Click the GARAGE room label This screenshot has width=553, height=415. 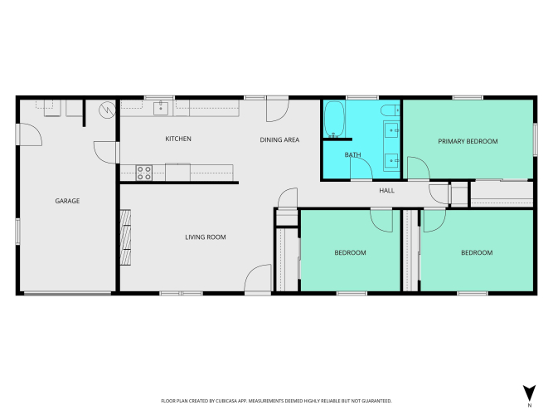click(67, 201)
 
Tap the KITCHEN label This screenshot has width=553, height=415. click(178, 139)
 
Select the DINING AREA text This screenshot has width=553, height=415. click(279, 140)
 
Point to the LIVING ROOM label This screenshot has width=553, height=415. click(206, 237)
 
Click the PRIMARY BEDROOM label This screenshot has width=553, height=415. click(468, 141)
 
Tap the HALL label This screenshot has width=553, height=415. click(387, 191)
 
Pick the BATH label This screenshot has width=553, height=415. click(352, 154)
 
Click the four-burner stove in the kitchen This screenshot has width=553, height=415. click(144, 173)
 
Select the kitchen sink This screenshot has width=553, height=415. click(161, 108)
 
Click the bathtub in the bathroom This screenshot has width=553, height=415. click(334, 119)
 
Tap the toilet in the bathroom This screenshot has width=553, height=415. click(390, 110)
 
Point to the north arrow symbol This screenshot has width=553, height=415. click(529, 393)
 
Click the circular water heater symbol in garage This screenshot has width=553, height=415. click(107, 110)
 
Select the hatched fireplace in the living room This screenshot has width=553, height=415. click(125, 237)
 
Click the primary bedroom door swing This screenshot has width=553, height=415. click(419, 168)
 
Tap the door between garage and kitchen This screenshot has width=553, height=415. click(106, 152)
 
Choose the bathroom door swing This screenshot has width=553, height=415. click(361, 168)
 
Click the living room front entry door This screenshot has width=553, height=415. click(258, 279)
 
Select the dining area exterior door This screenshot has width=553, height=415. click(278, 110)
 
